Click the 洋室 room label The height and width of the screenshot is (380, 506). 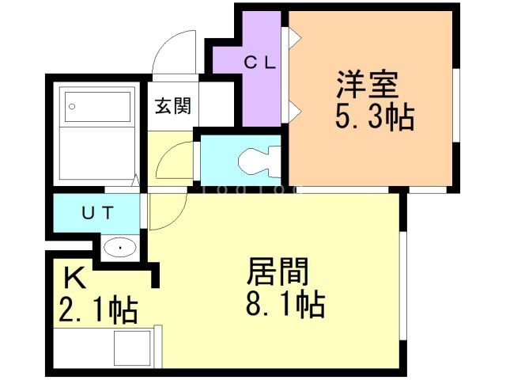pos(367,85)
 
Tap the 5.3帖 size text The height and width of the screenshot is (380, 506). pos(374,117)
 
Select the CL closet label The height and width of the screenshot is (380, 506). pos(260,63)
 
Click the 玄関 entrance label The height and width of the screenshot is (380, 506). pos(173,105)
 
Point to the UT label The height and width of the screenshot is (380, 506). pos(98,213)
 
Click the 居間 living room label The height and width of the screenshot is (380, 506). pos(278,271)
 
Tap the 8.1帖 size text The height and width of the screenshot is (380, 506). pos(285,304)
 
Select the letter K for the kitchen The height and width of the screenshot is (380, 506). pos(75,278)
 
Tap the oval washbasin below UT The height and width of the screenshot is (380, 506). pos(120,248)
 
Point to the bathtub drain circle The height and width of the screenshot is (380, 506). pos(72,106)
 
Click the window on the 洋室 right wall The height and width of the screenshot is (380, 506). pos(456,104)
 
